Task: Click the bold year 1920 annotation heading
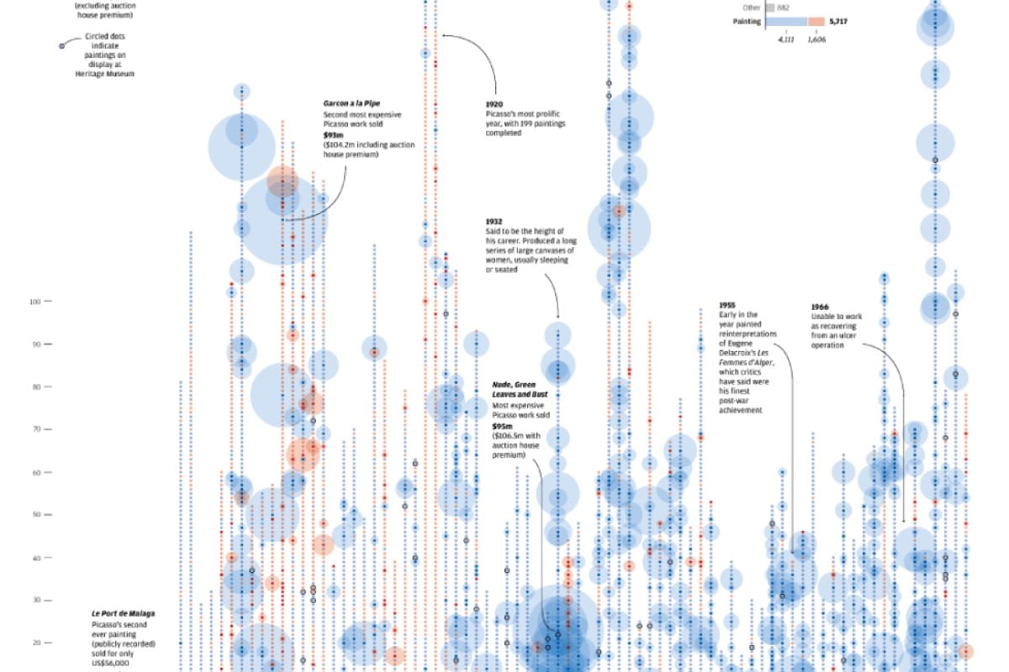point(494,104)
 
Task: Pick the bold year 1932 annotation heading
point(494,222)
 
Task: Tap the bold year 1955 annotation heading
point(727,304)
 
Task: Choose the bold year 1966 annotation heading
point(821,306)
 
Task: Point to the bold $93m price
point(333,134)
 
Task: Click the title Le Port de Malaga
point(124,614)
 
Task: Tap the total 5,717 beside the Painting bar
point(837,22)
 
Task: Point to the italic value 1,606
point(816,39)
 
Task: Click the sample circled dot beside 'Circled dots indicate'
point(61,45)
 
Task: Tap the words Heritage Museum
point(104,74)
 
